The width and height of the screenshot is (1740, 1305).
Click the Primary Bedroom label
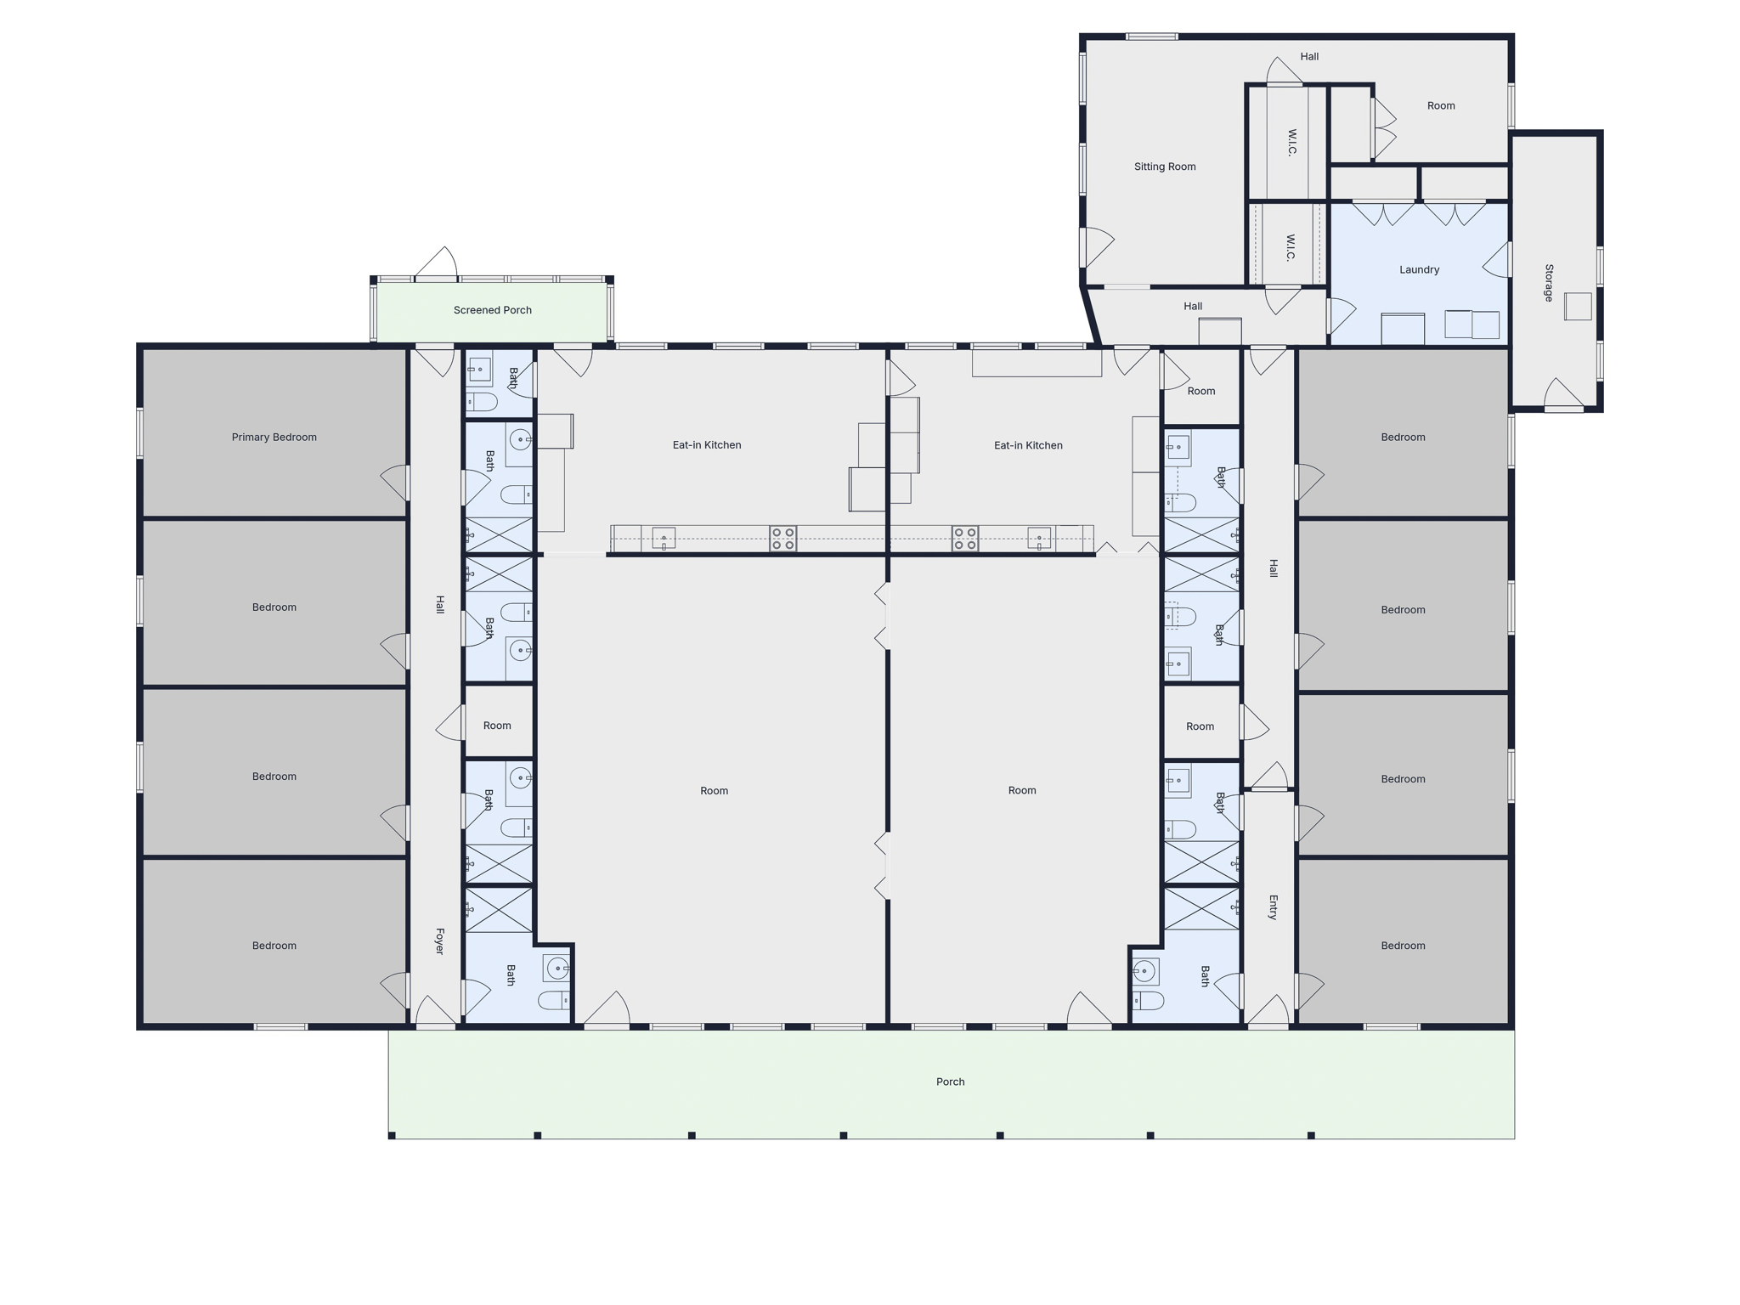274,438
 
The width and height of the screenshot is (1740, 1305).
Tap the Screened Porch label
492,310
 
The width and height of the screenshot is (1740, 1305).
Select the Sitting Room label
1165,167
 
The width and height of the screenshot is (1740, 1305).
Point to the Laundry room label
1419,270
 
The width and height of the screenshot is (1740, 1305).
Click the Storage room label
1549,283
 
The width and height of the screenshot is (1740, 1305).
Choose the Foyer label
439,941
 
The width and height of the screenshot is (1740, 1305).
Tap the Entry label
1273,907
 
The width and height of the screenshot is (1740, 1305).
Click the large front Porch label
950,1082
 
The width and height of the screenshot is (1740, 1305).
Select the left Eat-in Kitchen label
707,445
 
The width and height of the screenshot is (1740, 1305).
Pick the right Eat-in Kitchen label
1028,445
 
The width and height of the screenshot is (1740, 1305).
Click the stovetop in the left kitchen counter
782,539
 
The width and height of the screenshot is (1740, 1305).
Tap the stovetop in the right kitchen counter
964,539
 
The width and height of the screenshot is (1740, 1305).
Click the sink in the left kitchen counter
664,538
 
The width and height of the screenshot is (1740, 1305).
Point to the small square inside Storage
1578,306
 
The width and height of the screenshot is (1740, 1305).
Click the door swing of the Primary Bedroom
394,483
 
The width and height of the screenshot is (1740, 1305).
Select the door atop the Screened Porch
436,263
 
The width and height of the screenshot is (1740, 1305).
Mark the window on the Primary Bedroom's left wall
140,433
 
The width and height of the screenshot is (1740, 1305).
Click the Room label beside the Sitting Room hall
1441,106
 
